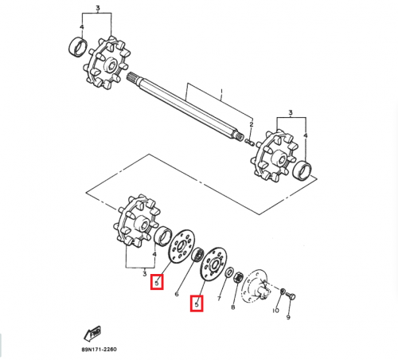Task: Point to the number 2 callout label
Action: point(252,125)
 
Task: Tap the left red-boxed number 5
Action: point(158,280)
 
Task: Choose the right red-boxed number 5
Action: point(196,303)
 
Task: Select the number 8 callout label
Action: point(232,306)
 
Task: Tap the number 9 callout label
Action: point(288,317)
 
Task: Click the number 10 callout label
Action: point(275,311)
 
